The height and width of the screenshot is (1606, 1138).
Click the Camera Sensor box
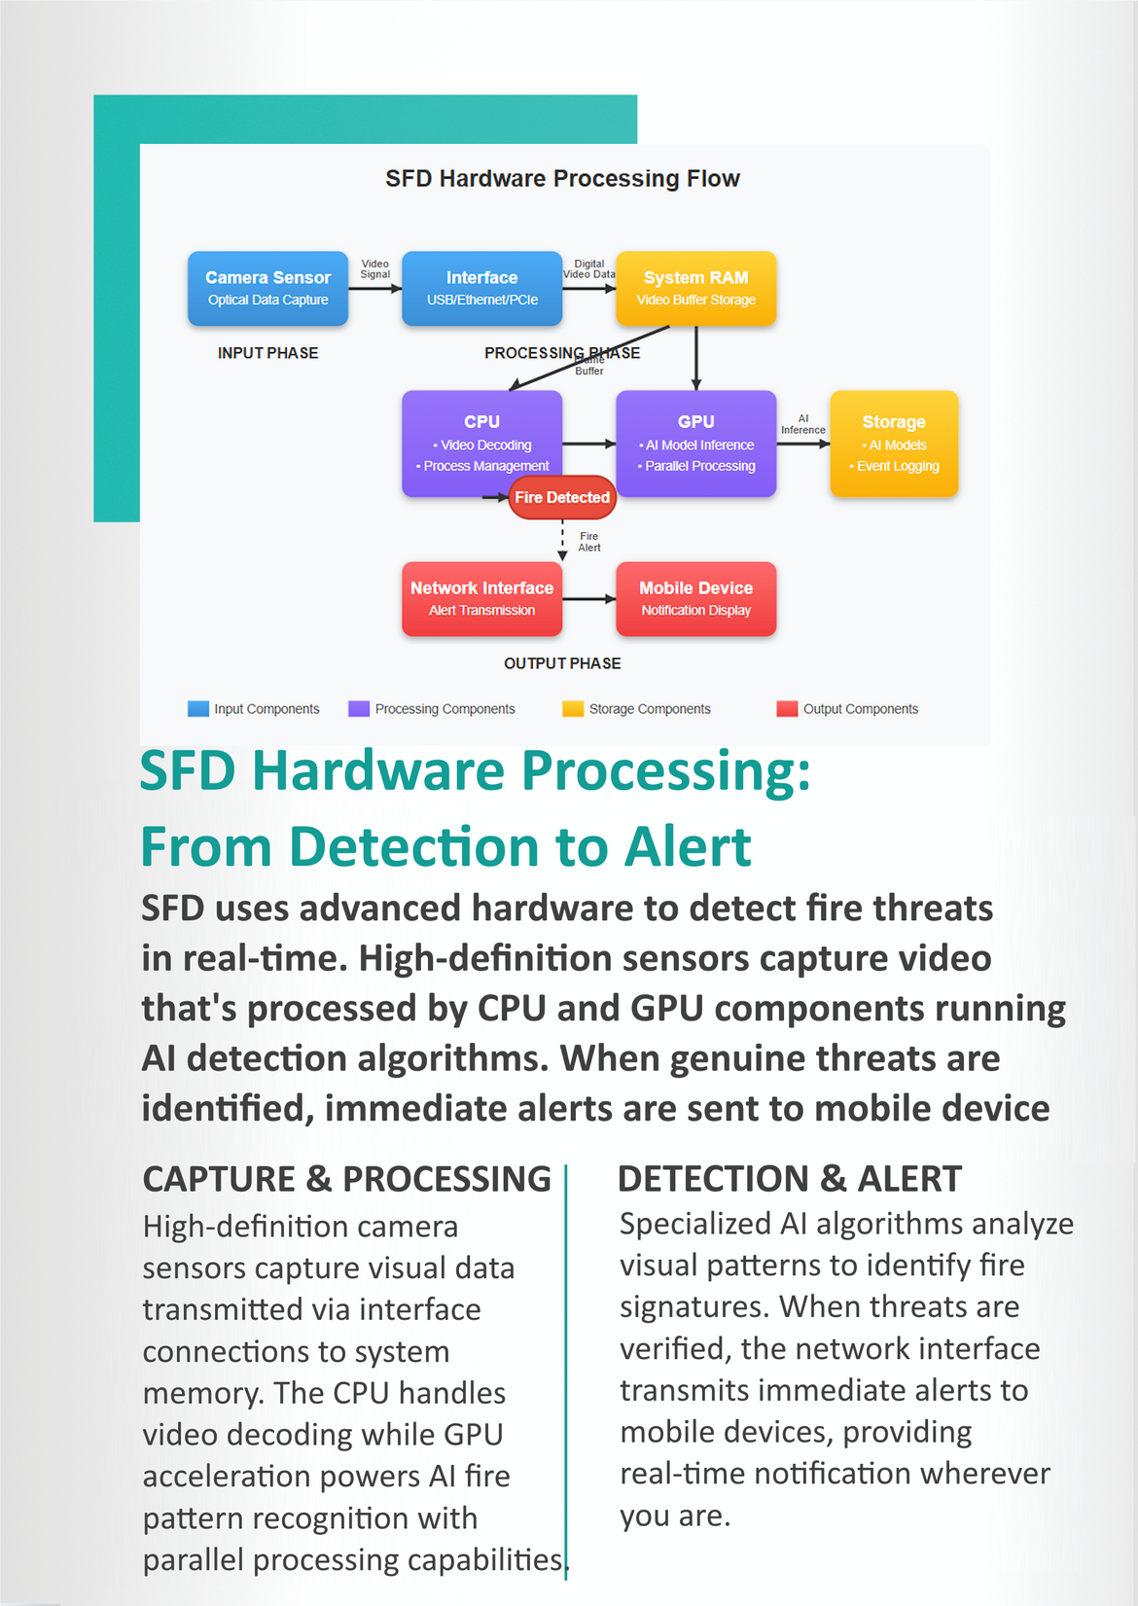267,288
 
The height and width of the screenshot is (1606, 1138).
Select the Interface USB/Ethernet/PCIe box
481,288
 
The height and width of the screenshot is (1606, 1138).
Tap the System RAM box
695,288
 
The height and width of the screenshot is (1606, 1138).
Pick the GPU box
695,443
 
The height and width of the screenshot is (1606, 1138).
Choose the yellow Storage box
894,444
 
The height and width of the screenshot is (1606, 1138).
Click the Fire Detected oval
562,497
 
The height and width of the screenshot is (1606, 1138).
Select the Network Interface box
481,598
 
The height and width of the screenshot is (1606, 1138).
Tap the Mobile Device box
695,598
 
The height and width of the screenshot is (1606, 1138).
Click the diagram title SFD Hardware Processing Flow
562,179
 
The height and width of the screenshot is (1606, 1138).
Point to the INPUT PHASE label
267,353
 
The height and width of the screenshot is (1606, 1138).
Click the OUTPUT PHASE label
562,663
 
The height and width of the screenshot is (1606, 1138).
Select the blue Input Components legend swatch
198,708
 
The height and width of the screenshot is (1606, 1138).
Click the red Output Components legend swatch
787,708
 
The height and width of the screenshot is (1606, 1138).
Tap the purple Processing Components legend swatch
359,708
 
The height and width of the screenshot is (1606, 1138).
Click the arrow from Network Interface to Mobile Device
588,599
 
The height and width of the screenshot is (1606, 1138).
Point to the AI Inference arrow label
802,424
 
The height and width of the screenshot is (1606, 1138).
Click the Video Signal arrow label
374,269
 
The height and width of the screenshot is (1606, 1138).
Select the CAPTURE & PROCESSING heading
346,1179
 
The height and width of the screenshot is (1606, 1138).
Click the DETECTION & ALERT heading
789,1179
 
